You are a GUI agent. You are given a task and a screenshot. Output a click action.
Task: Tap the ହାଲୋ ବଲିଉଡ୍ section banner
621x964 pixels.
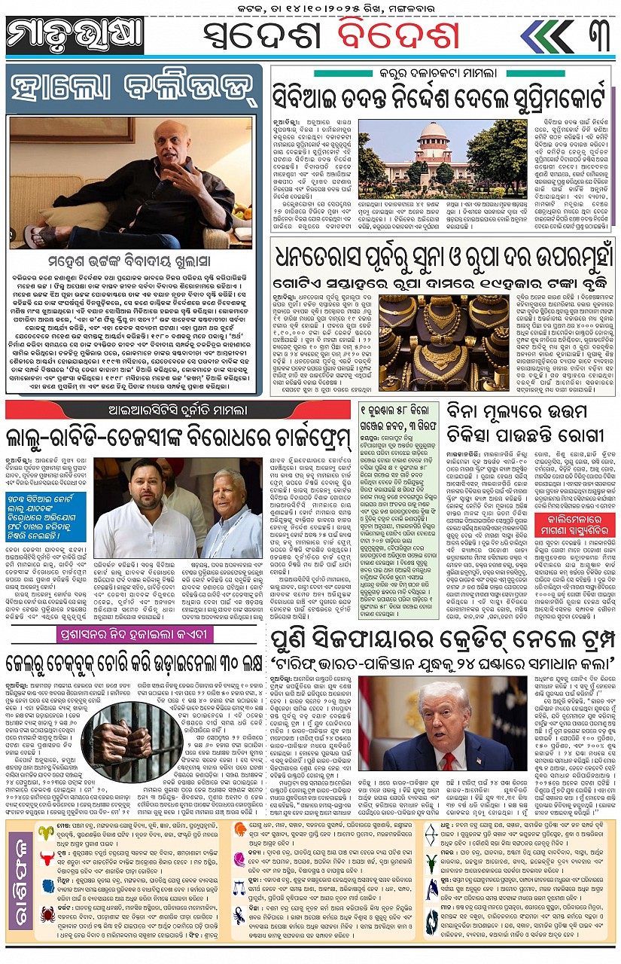tap(135, 90)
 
